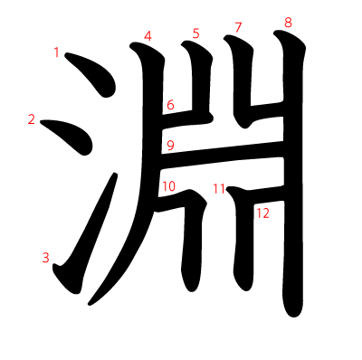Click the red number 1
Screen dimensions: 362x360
coord(56,52)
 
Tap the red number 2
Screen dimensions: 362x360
coord(32,119)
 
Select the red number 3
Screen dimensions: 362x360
coord(45,258)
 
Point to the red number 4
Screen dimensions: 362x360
coord(148,36)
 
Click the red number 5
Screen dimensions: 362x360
coord(196,33)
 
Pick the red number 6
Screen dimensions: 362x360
coord(170,105)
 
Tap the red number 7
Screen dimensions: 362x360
coord(238,27)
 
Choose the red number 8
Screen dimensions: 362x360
coord(288,23)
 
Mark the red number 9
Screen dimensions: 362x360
coord(170,146)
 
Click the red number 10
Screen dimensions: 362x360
coord(169,186)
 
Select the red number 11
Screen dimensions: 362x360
coord(219,189)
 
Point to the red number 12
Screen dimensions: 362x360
coord(262,213)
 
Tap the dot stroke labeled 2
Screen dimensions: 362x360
coord(71,135)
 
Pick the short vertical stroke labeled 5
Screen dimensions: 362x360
coord(200,79)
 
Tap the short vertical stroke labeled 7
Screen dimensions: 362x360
coord(242,81)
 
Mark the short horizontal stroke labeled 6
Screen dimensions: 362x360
coord(186,120)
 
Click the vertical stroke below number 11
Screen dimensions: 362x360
coord(243,242)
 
